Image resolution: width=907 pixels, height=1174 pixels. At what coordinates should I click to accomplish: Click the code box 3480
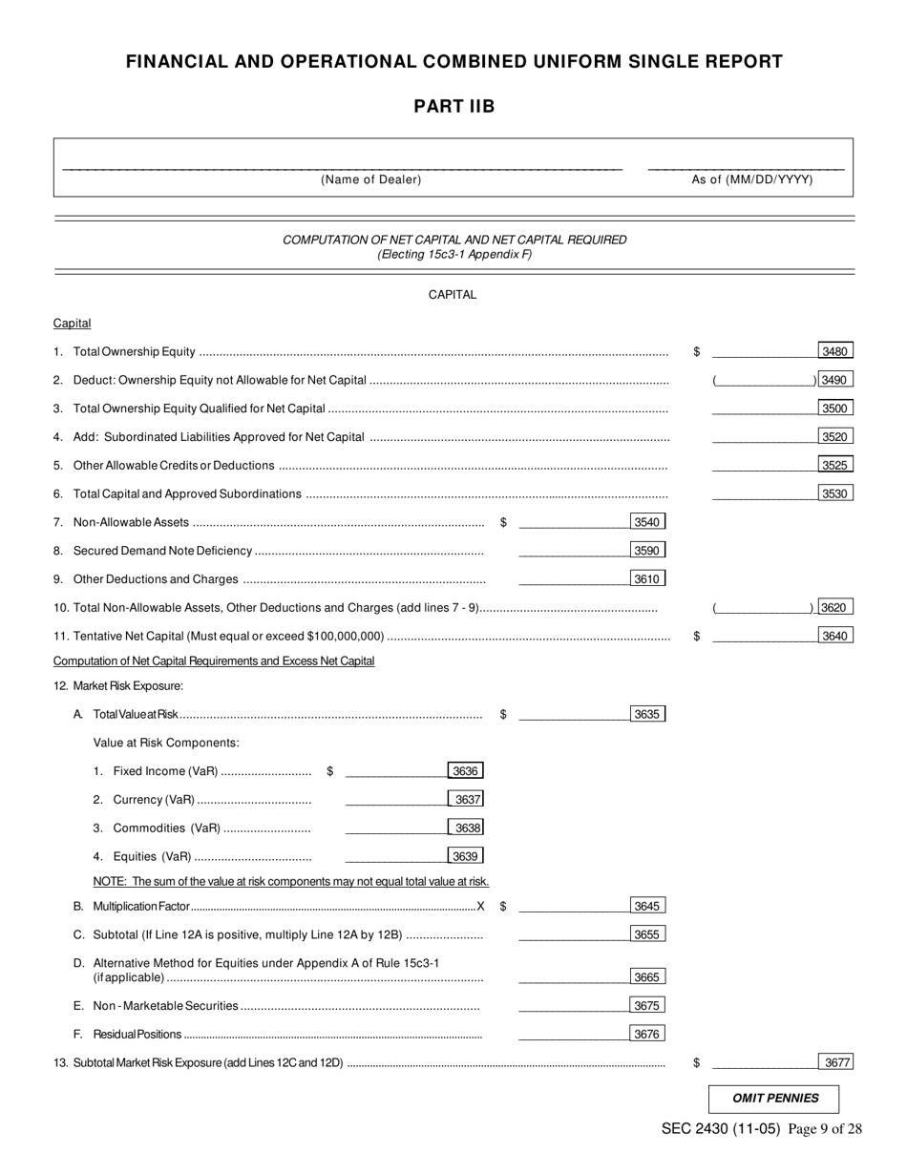pyautogui.click(x=835, y=351)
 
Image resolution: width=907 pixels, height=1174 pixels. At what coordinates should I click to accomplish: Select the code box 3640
pyautogui.click(x=835, y=636)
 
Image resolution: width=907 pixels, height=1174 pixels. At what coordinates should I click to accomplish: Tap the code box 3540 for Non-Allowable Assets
pyautogui.click(x=647, y=522)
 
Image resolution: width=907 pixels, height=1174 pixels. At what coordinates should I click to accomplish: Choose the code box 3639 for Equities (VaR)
pyautogui.click(x=465, y=856)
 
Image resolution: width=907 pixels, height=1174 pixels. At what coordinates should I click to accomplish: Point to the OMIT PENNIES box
pyautogui.click(x=774, y=1099)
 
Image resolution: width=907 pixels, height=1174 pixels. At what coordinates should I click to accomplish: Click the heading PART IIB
pyautogui.click(x=453, y=106)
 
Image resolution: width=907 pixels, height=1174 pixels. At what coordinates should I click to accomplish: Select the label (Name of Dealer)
pyautogui.click(x=370, y=179)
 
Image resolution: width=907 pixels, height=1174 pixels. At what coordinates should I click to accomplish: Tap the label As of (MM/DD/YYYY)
pyautogui.click(x=752, y=179)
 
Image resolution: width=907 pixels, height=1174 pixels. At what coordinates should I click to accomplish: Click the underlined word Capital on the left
pyautogui.click(x=72, y=324)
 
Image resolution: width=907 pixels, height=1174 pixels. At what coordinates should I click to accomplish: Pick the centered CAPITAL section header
pyautogui.click(x=453, y=295)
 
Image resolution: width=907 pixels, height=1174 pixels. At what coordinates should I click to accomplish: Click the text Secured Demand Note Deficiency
pyautogui.click(x=162, y=551)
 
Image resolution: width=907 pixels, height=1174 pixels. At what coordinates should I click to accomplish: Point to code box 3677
pyautogui.click(x=835, y=1062)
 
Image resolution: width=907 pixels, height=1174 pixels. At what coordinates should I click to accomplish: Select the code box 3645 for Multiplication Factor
pyautogui.click(x=647, y=906)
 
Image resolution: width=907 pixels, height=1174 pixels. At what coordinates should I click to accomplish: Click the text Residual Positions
pyautogui.click(x=137, y=1034)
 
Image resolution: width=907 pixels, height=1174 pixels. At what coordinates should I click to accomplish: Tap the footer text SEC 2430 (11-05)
pyautogui.click(x=721, y=1129)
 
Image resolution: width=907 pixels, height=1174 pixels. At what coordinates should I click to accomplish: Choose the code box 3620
pyautogui.click(x=835, y=607)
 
